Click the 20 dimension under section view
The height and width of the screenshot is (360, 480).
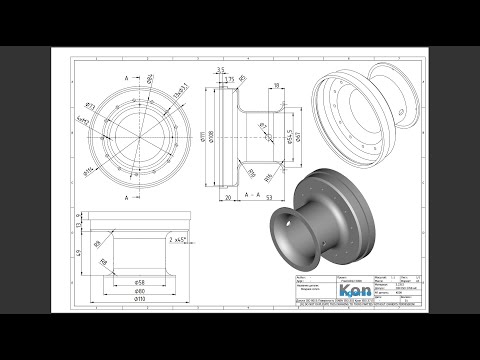[228, 198]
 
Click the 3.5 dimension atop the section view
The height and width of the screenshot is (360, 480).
[218, 69]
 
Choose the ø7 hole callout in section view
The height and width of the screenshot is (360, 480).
[261, 127]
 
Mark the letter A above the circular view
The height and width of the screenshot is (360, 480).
[127, 76]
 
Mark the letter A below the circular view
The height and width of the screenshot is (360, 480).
[127, 198]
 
